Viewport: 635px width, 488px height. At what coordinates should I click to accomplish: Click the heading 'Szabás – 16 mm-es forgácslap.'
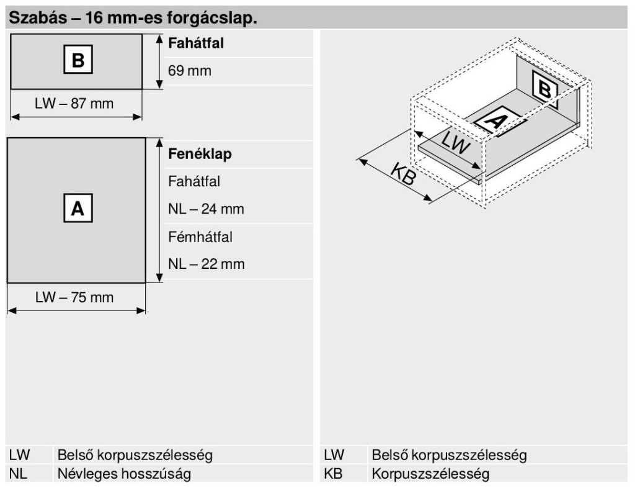[x=133, y=18]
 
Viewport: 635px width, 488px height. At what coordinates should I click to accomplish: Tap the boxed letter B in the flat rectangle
[x=78, y=60]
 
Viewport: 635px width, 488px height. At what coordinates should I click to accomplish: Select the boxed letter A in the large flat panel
[x=78, y=208]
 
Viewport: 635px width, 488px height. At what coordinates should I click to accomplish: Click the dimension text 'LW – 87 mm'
[x=74, y=103]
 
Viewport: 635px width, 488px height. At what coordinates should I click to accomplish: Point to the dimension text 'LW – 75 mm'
[x=74, y=297]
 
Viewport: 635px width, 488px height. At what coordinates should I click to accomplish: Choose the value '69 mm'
[x=190, y=71]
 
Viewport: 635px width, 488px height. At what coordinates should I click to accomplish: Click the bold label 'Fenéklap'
[x=200, y=154]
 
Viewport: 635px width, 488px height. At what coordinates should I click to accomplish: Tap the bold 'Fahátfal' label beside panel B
[x=196, y=43]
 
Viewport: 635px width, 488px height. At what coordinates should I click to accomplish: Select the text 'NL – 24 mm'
[x=206, y=209]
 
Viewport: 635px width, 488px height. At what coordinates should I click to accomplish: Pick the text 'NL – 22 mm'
[x=206, y=264]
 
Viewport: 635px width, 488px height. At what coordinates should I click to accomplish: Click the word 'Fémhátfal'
[x=200, y=237]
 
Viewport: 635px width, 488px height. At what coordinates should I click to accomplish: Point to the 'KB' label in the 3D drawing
[x=404, y=174]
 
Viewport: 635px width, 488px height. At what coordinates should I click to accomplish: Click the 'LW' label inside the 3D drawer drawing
[x=456, y=142]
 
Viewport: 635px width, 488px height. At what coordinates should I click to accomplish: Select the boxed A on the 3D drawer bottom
[x=496, y=120]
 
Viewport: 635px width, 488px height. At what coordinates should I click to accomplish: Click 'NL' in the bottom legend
[x=18, y=474]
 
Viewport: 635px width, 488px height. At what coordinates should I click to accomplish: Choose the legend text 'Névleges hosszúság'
[x=124, y=474]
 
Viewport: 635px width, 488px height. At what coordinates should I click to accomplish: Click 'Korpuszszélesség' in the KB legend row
[x=430, y=474]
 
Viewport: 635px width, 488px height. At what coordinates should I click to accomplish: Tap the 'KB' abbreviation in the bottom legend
[x=333, y=474]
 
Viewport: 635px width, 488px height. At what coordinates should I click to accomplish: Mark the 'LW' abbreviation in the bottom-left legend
[x=20, y=454]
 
